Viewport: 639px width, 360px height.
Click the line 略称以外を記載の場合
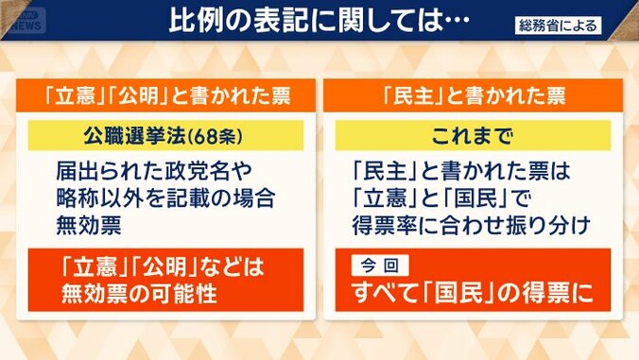click(x=162, y=198)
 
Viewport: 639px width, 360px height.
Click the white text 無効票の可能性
click(x=136, y=294)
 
